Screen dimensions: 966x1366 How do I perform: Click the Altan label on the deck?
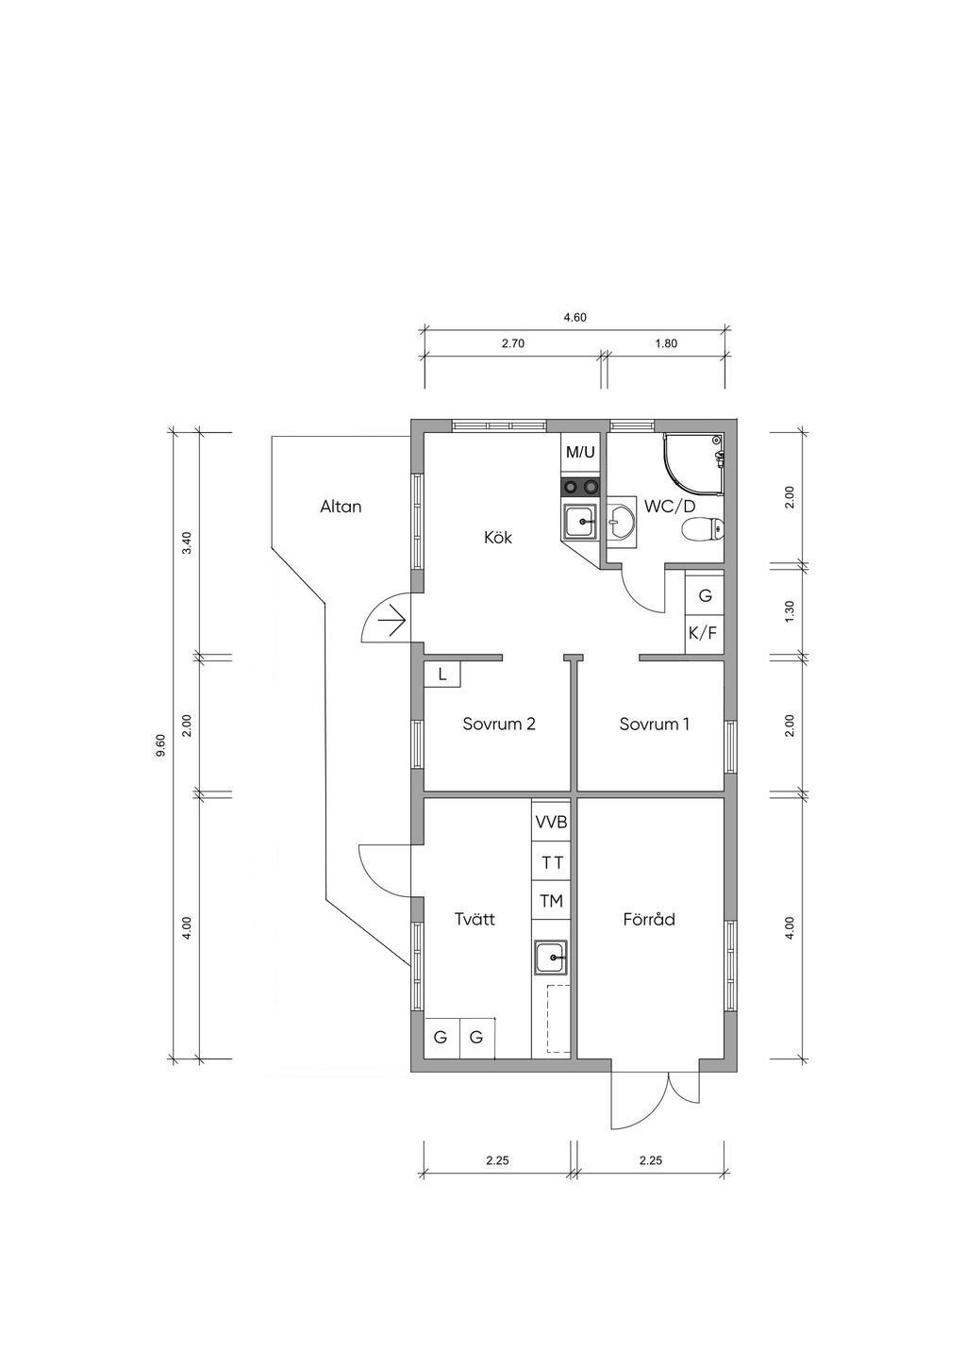tap(341, 507)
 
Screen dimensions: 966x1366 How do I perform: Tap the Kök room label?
tap(498, 538)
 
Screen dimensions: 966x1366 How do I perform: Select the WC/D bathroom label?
tap(670, 507)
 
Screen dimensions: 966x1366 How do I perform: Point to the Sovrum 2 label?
tap(499, 724)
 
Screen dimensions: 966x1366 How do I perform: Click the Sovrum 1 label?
tap(655, 724)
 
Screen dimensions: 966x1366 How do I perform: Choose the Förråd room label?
tap(649, 919)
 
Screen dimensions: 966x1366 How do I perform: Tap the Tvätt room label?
tap(475, 919)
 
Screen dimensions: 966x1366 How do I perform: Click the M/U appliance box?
tap(580, 453)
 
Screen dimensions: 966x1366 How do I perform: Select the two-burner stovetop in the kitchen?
tap(580, 487)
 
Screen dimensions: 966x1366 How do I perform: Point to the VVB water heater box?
tap(551, 822)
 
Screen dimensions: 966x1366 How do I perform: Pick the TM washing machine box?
tap(551, 900)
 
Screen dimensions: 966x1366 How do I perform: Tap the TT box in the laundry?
tap(551, 862)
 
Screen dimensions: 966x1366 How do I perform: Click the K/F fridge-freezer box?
tap(704, 633)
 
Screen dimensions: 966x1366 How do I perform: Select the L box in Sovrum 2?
tap(442, 675)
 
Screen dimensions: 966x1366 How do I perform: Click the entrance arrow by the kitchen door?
tap(392, 622)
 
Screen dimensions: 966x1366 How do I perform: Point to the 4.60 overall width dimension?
tap(575, 317)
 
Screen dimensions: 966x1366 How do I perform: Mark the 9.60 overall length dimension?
tap(161, 744)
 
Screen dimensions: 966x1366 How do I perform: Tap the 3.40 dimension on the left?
tap(187, 542)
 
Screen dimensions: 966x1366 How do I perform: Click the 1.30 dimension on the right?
tap(790, 611)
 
